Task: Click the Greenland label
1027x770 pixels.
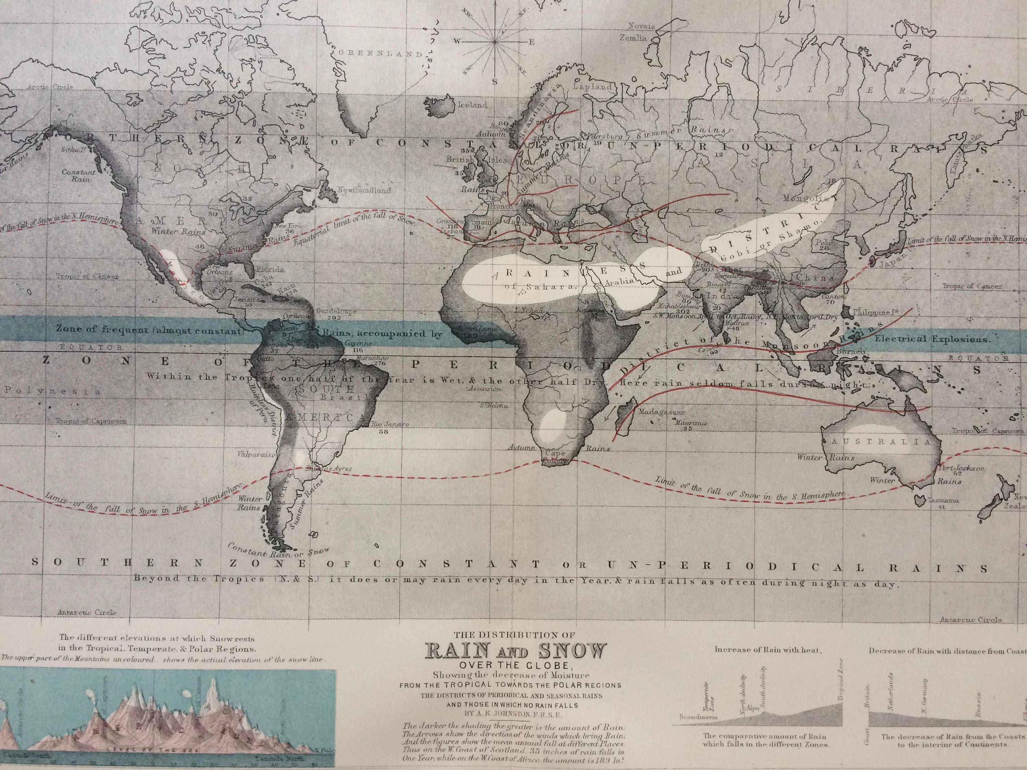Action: point(379,53)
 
